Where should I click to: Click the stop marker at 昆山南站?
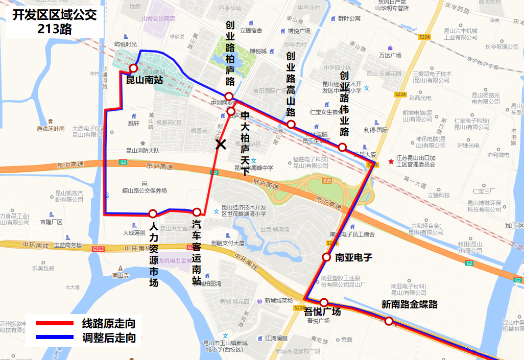[133, 68]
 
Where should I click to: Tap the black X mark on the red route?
[221, 145]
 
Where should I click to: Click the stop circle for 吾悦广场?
[324, 303]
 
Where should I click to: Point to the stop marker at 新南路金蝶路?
[389, 321]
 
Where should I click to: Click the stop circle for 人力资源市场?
[153, 214]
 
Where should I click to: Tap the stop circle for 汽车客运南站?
[197, 212]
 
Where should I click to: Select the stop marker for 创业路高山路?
[291, 125]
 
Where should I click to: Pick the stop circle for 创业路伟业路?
[343, 147]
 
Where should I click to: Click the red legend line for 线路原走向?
[55, 323]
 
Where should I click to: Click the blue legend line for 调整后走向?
[55, 337]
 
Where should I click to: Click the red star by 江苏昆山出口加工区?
[391, 161]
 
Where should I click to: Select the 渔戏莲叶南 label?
[51, 129]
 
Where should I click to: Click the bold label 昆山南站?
[145, 80]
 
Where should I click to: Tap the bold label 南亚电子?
[353, 257]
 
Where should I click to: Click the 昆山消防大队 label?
[143, 151]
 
